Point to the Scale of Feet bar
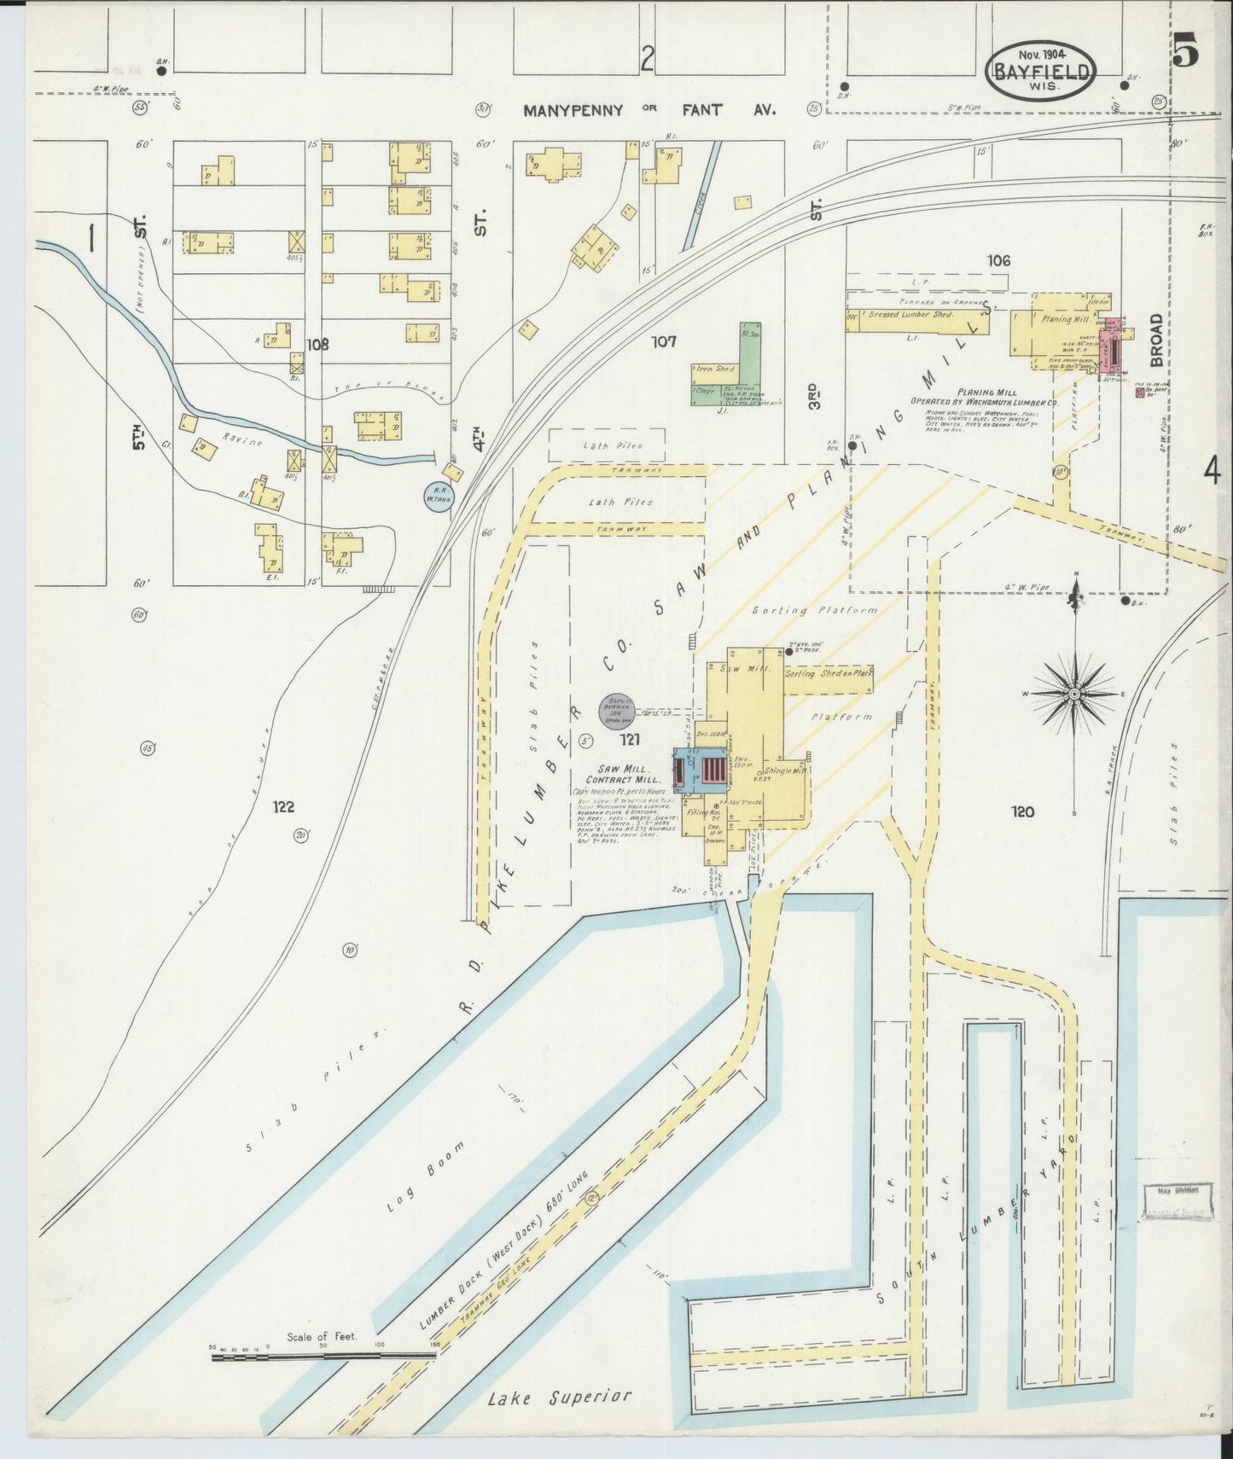[x=323, y=1352]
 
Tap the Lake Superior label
[x=561, y=1397]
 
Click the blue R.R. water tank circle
[x=440, y=496]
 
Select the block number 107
[x=663, y=342]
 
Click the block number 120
[x=1021, y=811]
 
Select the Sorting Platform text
[x=815, y=610]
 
